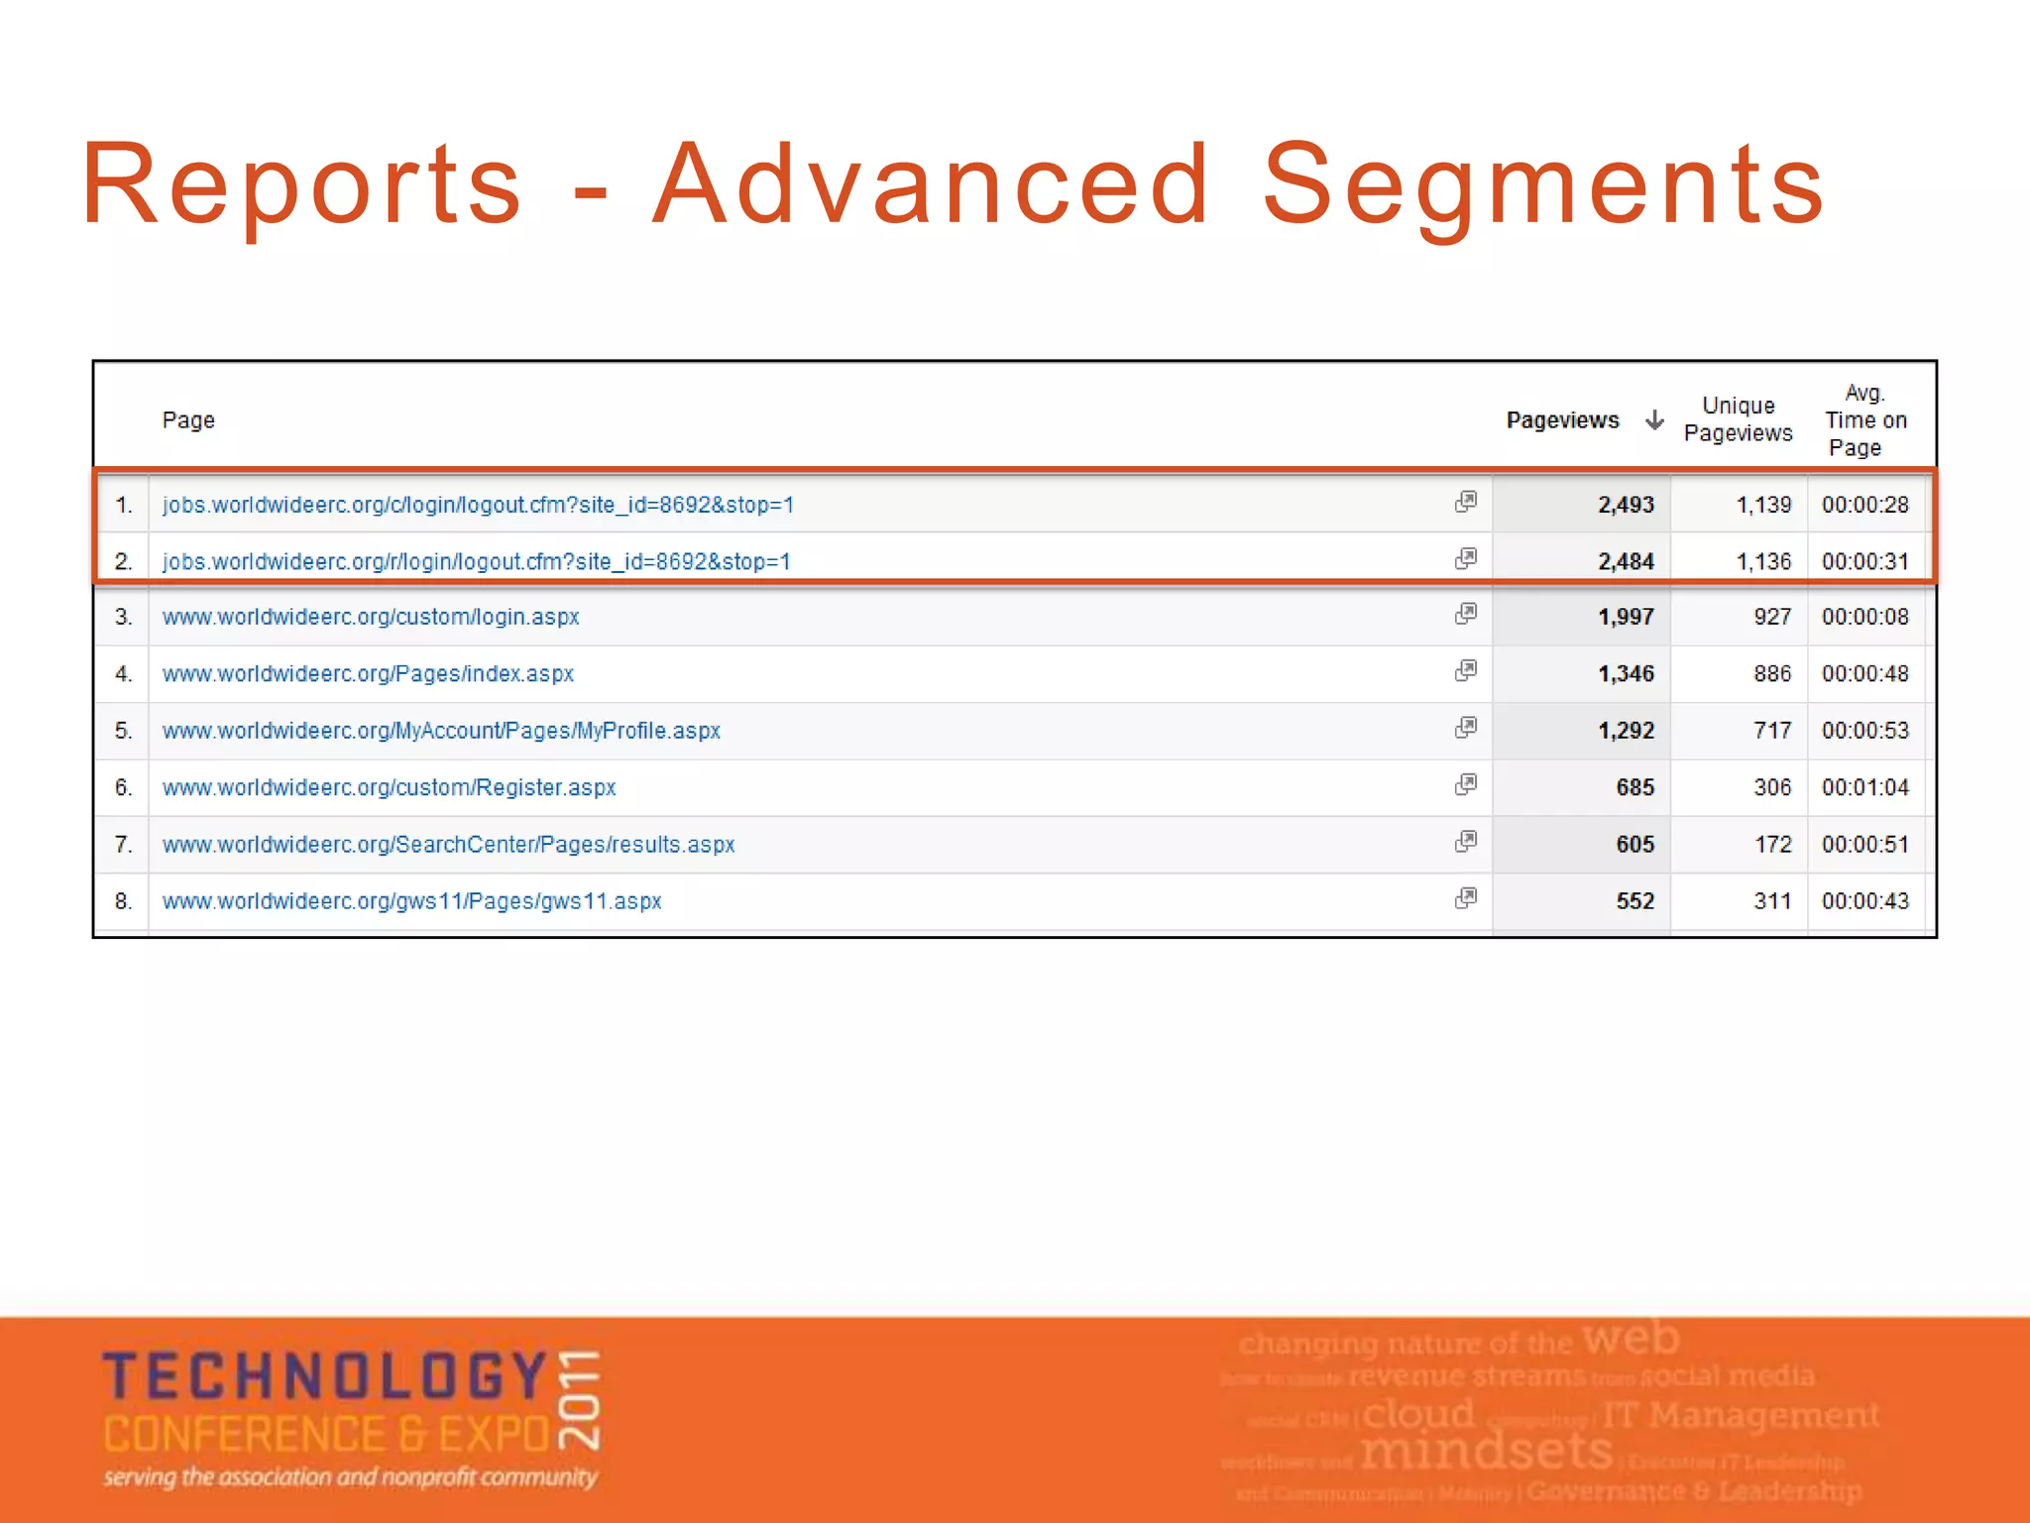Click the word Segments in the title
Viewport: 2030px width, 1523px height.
coord(1542,185)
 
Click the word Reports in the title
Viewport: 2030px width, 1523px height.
coord(301,185)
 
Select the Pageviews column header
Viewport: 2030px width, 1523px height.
coord(1562,420)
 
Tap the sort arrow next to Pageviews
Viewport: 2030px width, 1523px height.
coord(1654,420)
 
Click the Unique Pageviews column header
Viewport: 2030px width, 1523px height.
coord(1738,419)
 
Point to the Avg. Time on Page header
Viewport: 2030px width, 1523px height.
coord(1864,420)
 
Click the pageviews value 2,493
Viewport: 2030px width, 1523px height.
coord(1626,505)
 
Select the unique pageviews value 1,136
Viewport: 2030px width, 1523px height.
coord(1763,561)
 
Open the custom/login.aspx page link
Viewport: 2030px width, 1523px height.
coord(371,617)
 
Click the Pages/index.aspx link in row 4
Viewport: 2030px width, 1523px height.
coord(368,674)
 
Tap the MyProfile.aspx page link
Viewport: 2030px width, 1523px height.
coord(441,731)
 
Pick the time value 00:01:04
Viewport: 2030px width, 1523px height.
coord(1864,787)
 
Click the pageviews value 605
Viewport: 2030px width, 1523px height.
coord(1635,845)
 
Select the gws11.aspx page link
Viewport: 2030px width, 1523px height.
coord(411,901)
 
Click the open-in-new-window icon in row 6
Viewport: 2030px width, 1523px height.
coord(1466,785)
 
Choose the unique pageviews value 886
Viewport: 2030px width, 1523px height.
coord(1772,674)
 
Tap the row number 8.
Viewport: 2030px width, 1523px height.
coord(123,901)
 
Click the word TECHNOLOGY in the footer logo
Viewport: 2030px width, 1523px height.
coord(325,1377)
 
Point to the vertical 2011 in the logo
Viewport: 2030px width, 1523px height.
coord(579,1399)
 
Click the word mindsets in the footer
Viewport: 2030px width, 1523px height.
coord(1486,1452)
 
